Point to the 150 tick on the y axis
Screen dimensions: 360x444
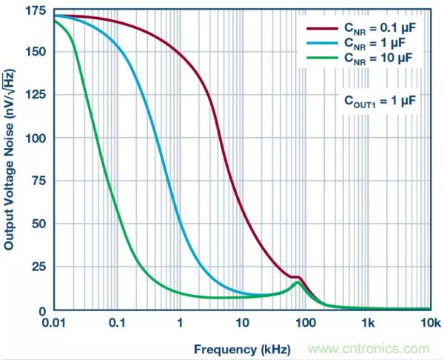[x=36, y=52]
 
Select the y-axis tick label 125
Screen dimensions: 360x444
[x=36, y=95]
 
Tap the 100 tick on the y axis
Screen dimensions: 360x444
[x=36, y=139]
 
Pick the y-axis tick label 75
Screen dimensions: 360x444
[x=39, y=181]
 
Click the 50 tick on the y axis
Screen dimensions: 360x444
[x=39, y=224]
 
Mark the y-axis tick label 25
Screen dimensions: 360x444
[x=39, y=267]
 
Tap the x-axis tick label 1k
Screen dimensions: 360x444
[x=369, y=324]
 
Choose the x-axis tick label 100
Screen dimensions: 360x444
[x=306, y=324]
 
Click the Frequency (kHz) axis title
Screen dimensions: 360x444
[x=242, y=348]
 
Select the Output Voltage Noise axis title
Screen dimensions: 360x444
[x=11, y=163]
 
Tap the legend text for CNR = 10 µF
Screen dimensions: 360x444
[x=374, y=57]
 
